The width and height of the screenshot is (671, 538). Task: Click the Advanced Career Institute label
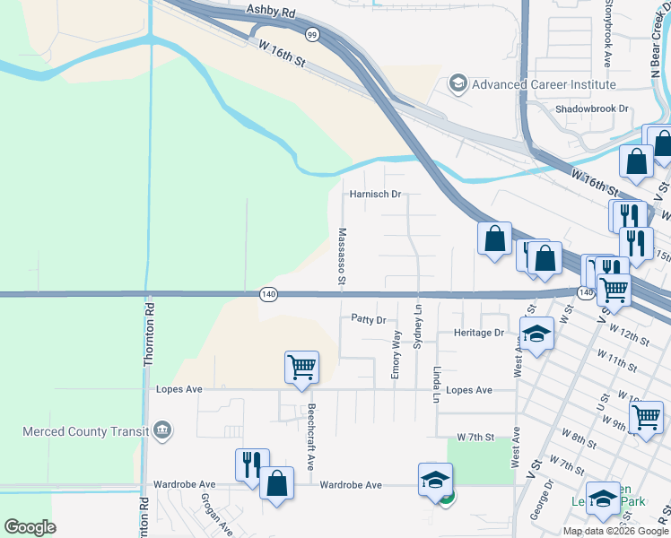(x=545, y=84)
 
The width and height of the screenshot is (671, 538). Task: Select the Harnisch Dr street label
(x=374, y=194)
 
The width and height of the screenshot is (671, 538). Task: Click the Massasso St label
(x=342, y=256)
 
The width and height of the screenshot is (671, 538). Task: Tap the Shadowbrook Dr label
(x=592, y=108)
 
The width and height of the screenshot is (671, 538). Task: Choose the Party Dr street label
(x=368, y=319)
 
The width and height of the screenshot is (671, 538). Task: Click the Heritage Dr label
(x=480, y=333)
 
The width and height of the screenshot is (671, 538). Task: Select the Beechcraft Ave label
(x=311, y=438)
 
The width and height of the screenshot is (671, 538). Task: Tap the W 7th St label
(x=475, y=437)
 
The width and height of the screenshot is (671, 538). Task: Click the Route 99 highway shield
(x=311, y=34)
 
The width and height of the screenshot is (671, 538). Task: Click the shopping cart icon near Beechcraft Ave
(x=301, y=367)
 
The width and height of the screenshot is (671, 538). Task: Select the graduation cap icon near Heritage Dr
(x=536, y=333)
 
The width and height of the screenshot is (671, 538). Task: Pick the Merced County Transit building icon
(x=162, y=431)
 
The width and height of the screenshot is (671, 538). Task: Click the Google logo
(x=30, y=527)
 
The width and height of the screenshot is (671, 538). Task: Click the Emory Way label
(x=396, y=354)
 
